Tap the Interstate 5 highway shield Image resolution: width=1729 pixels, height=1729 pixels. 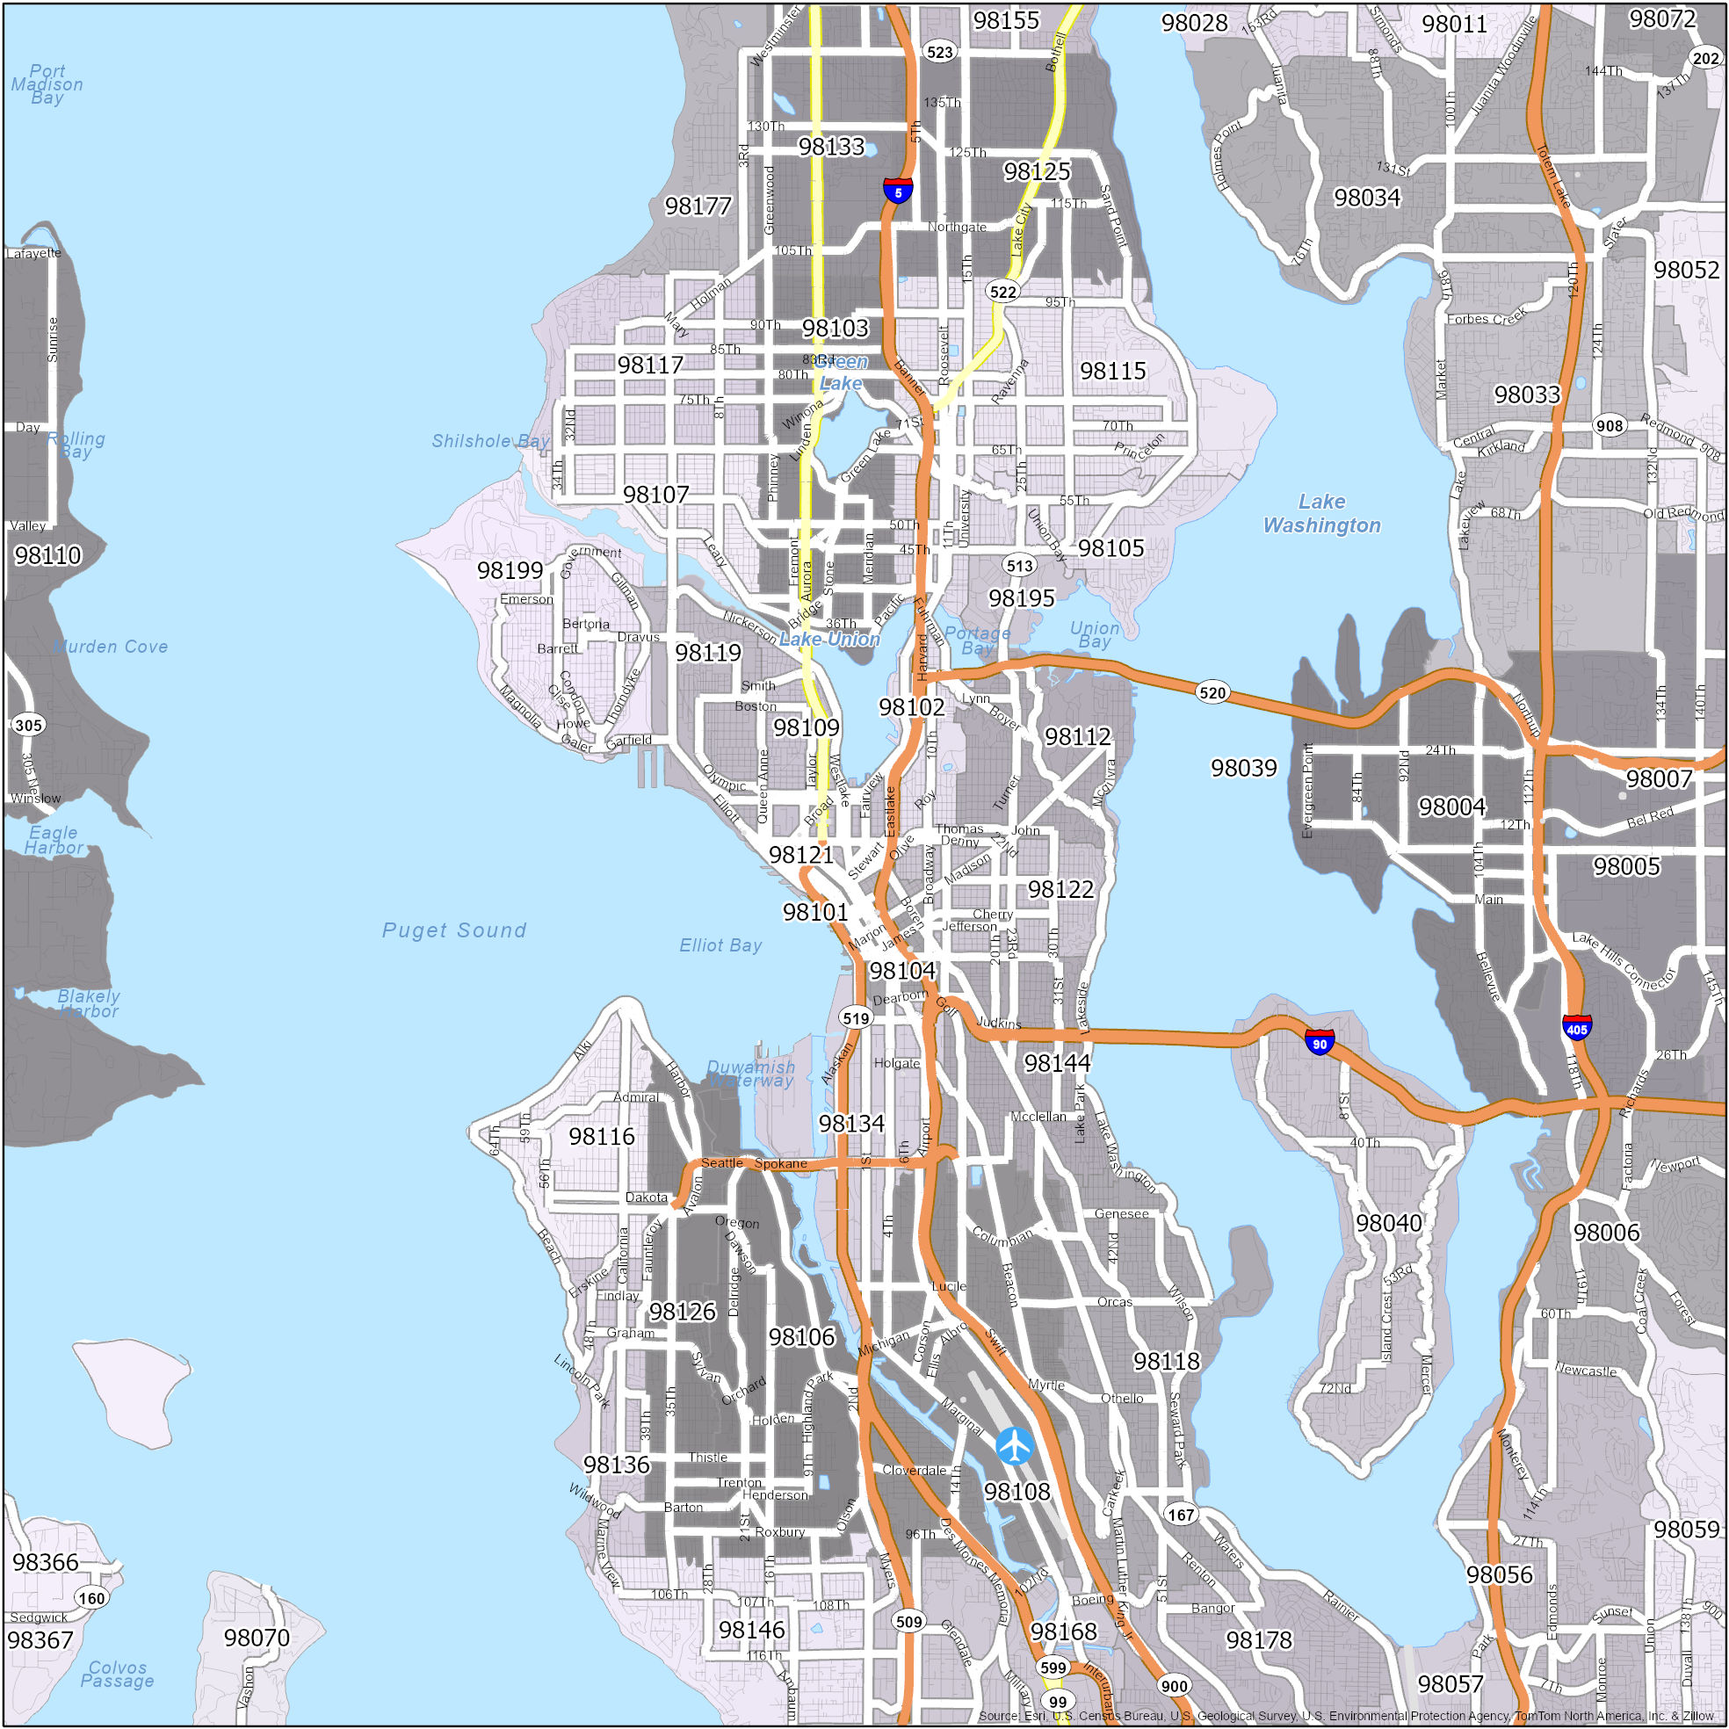coord(898,192)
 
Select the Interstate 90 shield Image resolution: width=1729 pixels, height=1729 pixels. coord(1319,1042)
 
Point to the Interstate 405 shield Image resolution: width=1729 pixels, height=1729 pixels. coord(1576,1027)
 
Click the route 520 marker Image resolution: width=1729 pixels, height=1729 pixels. coord(1212,691)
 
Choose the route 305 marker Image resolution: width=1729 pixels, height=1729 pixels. coord(28,725)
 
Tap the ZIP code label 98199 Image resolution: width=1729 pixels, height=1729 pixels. coord(510,570)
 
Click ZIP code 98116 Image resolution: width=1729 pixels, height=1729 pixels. coord(602,1136)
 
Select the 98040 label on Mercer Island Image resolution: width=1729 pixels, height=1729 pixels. coord(1388,1222)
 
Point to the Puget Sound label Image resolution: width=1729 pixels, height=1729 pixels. coord(453,930)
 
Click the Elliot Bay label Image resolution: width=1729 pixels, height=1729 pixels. coord(720,945)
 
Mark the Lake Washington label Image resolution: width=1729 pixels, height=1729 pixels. coord(1321,514)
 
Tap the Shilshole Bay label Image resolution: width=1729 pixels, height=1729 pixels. coord(490,440)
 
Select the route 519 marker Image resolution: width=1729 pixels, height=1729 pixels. coord(856,1017)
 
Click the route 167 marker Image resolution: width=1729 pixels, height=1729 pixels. coord(1181,1515)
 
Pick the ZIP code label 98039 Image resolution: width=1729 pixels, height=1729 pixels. coord(1243,768)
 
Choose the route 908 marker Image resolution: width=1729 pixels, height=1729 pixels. coord(1610,425)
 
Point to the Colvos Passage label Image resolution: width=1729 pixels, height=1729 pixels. coord(117,1674)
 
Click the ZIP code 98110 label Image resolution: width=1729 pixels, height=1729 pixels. coord(47,555)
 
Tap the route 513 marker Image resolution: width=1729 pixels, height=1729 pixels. coord(1019,565)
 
